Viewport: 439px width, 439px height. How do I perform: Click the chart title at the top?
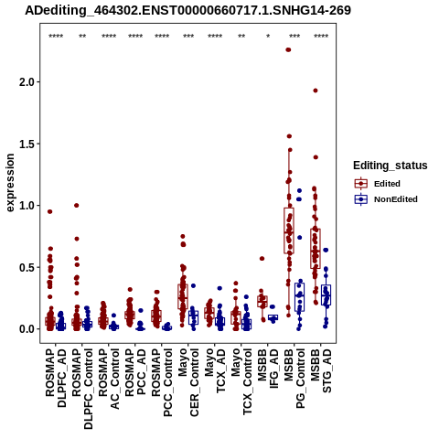pos(187,10)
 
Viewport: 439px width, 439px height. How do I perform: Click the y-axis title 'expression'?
pos(10,183)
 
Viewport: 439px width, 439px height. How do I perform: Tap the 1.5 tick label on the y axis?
pos(27,144)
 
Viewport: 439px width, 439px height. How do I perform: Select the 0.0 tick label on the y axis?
pos(27,329)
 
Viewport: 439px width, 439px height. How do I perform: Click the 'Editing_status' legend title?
pos(391,166)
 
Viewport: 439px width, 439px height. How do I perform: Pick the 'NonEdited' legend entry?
pos(386,199)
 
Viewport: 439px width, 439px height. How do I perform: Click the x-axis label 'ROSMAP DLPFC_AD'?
pos(56,378)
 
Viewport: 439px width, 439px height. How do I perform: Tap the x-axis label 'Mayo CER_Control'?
pos(188,382)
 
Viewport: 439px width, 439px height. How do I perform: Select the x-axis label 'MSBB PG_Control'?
pos(294,379)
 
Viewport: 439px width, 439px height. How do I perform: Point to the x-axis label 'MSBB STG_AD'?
pos(321,371)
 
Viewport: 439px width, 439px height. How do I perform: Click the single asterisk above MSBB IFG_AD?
pos(268,36)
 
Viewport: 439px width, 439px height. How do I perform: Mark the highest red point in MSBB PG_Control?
pos(288,49)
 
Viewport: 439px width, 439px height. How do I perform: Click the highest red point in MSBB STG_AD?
pos(316,91)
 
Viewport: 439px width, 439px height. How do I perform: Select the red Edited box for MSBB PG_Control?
pos(289,230)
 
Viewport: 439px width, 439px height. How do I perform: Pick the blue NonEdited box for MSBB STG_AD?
pos(327,294)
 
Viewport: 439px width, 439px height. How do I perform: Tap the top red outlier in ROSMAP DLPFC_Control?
pos(77,206)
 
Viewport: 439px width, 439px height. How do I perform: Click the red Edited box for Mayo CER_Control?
pos(183,296)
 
